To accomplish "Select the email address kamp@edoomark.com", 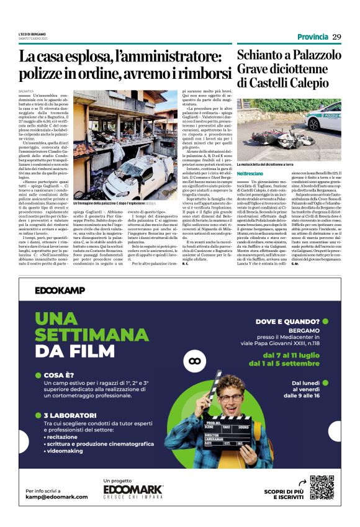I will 56,497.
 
